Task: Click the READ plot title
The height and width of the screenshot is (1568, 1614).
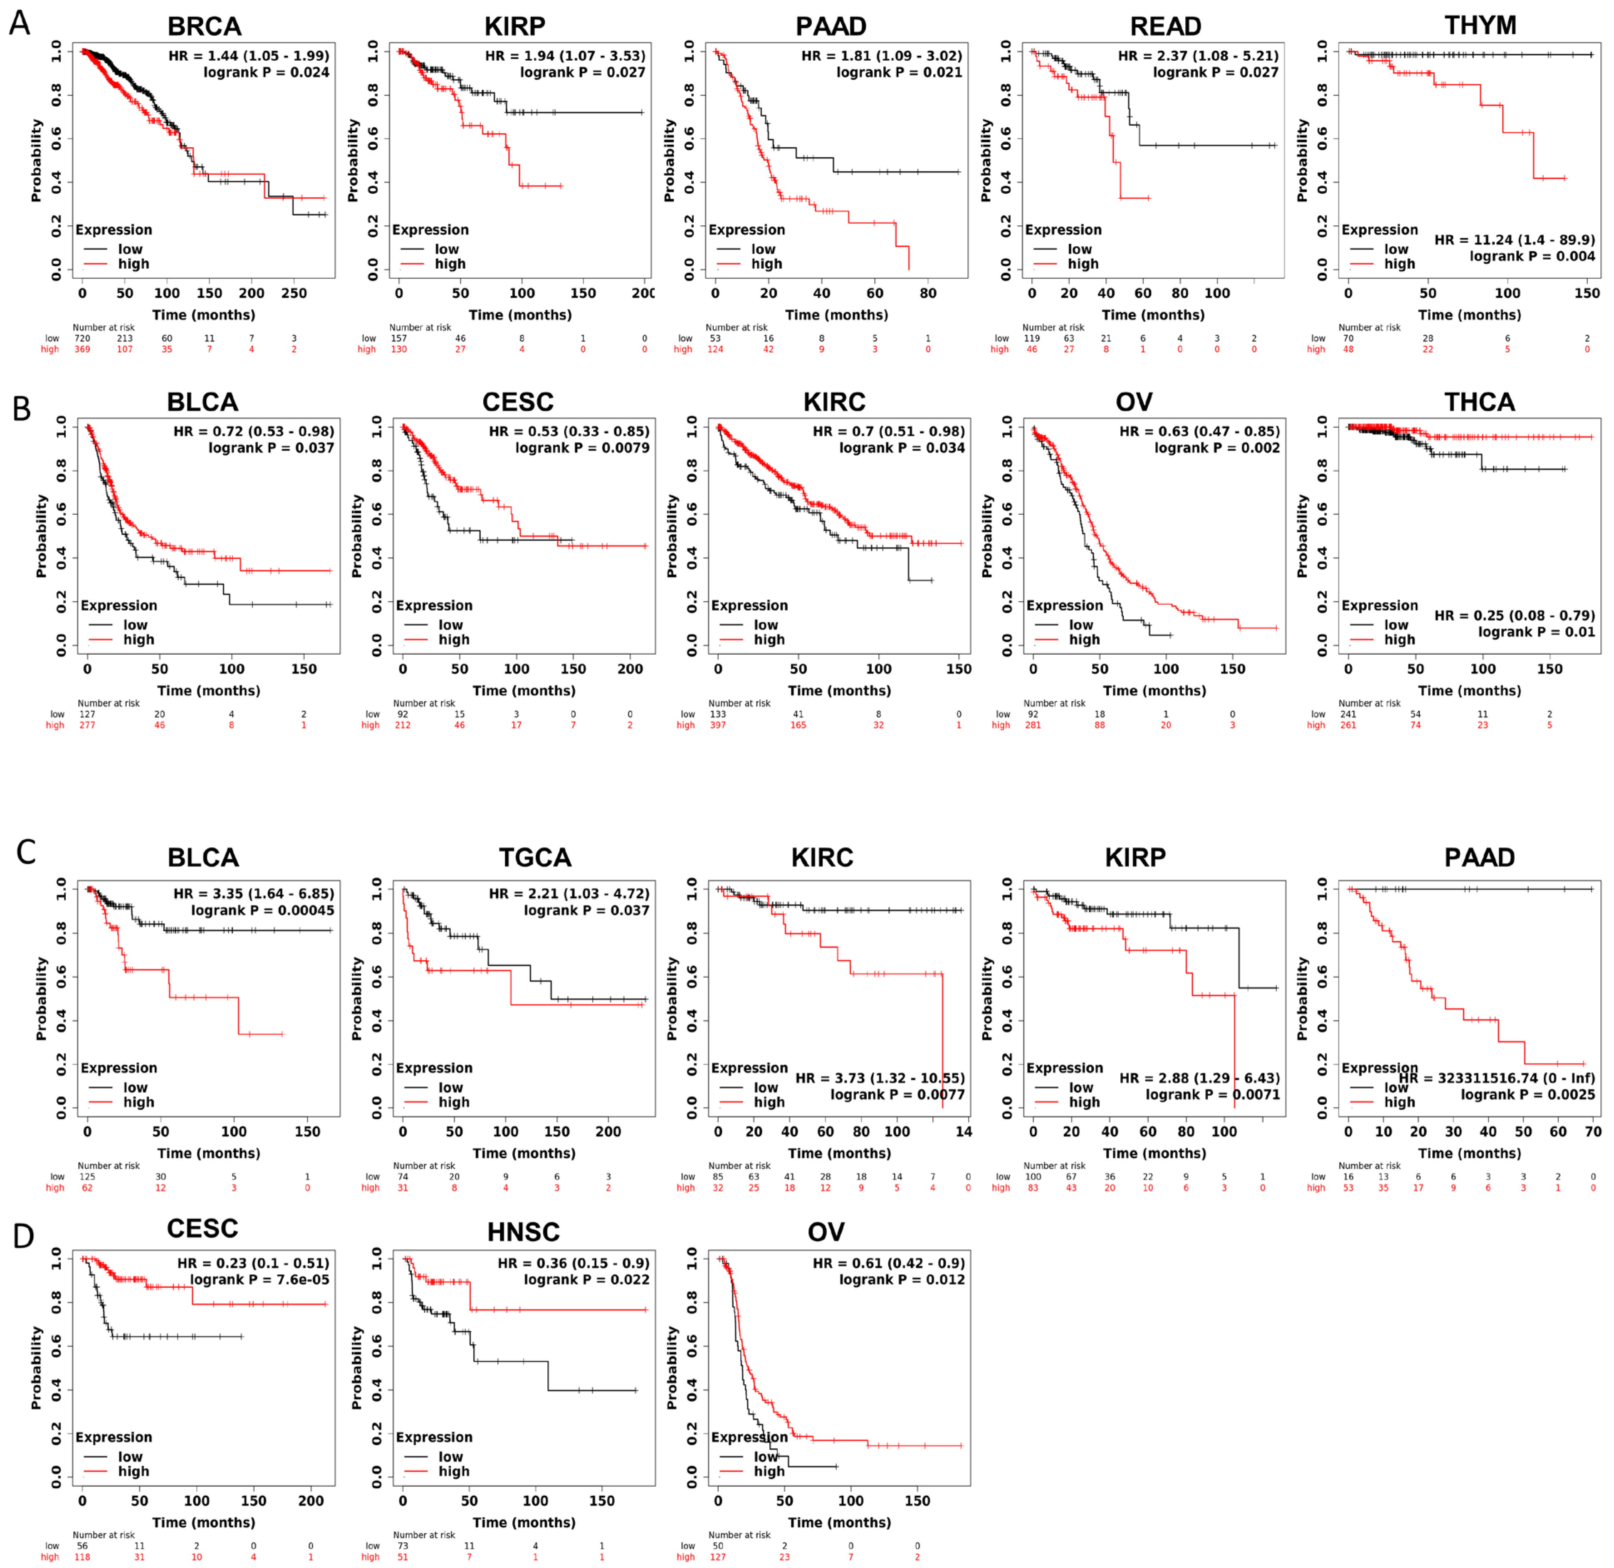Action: (1165, 26)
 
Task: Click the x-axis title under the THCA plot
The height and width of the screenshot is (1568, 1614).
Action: (1469, 691)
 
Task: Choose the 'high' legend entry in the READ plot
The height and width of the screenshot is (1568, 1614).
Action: (1083, 264)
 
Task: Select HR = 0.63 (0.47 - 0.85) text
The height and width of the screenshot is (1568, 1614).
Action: (1199, 432)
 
